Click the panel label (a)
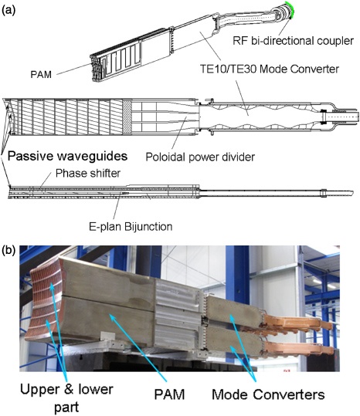point(8,10)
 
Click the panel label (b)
point(8,250)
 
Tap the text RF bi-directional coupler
point(293,41)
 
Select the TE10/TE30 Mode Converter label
point(269,69)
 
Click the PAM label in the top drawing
point(41,75)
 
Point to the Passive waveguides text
point(67,156)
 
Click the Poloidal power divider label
point(200,157)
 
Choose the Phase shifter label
point(88,174)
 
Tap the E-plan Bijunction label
point(131,227)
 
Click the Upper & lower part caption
point(66,398)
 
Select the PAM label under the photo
point(169,394)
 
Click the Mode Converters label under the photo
point(268,394)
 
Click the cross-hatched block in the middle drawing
point(127,117)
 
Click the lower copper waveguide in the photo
point(297,349)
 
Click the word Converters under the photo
point(289,394)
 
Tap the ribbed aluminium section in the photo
point(178,315)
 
